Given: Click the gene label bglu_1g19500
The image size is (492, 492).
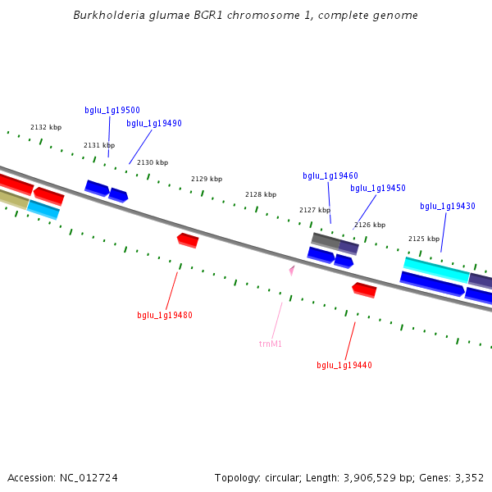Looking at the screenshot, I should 112,110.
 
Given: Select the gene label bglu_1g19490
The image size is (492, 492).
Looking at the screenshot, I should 154,124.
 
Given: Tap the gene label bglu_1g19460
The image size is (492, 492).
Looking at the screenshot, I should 330,176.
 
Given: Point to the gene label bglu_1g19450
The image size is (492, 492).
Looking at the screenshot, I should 378,189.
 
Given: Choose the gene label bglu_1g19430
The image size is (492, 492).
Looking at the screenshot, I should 448,207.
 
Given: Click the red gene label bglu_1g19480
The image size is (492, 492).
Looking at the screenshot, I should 165,315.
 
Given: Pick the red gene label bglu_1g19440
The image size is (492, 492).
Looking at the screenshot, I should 344,366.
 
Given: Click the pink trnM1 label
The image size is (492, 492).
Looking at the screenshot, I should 271,344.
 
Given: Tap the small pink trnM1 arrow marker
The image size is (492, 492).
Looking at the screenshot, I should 291,269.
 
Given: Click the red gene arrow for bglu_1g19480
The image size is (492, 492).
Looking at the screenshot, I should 188,239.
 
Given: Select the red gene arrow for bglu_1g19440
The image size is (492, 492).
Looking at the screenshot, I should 364,289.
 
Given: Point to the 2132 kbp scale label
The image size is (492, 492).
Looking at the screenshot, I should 46,128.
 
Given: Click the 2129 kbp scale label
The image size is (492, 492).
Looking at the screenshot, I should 207,179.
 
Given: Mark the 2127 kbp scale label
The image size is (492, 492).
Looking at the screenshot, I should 314,210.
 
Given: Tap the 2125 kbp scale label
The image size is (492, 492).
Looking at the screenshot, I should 424,239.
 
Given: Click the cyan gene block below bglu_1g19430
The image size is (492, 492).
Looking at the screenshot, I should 435,269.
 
